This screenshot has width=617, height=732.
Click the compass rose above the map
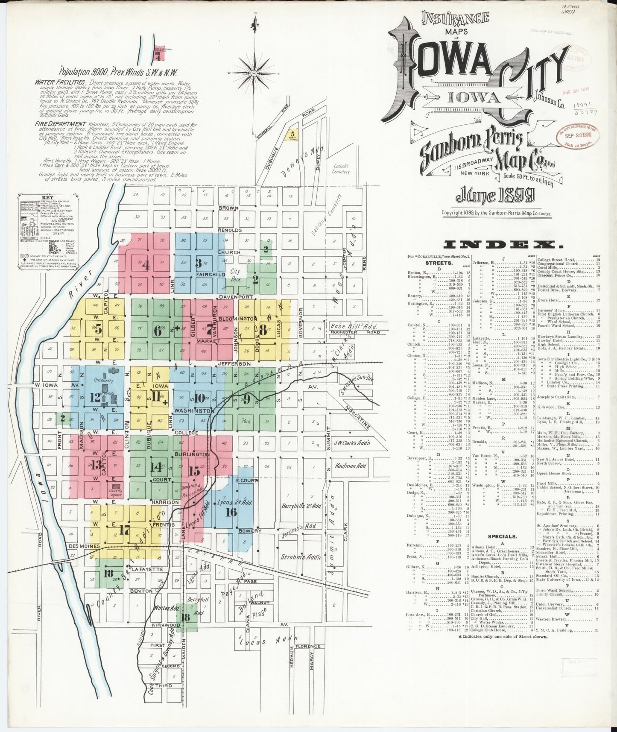(x=255, y=73)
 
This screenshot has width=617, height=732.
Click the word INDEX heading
(x=503, y=245)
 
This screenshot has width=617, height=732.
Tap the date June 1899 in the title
(x=495, y=196)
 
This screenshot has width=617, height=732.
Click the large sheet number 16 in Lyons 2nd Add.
(x=231, y=512)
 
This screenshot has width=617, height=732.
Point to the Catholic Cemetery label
(x=342, y=169)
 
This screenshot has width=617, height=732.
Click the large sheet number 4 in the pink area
(x=146, y=265)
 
